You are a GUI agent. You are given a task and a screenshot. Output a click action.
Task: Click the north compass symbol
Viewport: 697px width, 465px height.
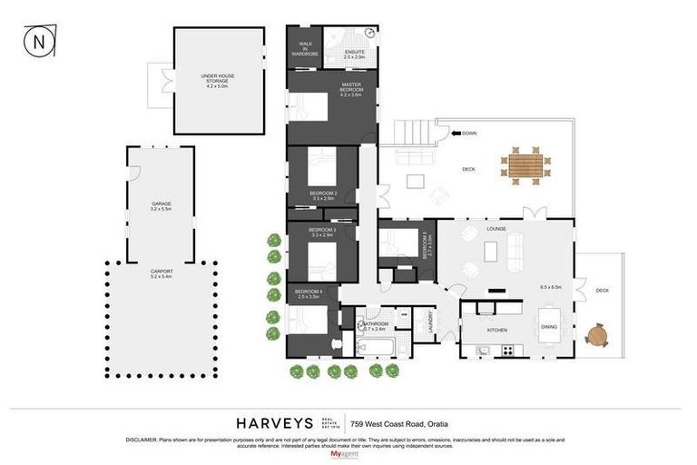tap(39, 41)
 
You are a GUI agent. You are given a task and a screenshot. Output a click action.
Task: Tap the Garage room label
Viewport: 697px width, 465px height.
tap(162, 205)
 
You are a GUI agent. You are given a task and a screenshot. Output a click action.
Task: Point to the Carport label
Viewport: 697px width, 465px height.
tap(162, 273)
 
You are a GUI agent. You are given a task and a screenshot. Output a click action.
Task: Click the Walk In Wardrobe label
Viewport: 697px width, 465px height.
tap(305, 50)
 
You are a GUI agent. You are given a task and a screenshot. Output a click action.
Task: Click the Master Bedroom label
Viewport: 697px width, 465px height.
tap(351, 90)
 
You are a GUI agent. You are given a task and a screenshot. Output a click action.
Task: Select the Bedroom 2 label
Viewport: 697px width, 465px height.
tap(323, 195)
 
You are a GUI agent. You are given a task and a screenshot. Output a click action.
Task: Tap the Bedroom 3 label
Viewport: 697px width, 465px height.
tap(322, 232)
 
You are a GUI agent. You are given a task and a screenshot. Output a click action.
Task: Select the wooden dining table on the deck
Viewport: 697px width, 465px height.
tap(525, 165)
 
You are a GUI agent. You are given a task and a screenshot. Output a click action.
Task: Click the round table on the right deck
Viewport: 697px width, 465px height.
tap(595, 336)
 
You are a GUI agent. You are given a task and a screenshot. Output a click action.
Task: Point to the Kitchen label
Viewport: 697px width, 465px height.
tap(496, 330)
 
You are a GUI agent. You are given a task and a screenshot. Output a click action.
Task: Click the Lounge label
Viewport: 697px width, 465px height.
tap(496, 228)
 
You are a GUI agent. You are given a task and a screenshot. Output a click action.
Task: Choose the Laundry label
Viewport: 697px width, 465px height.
tap(429, 322)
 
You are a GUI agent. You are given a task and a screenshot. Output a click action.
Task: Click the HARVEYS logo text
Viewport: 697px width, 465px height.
tap(274, 423)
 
